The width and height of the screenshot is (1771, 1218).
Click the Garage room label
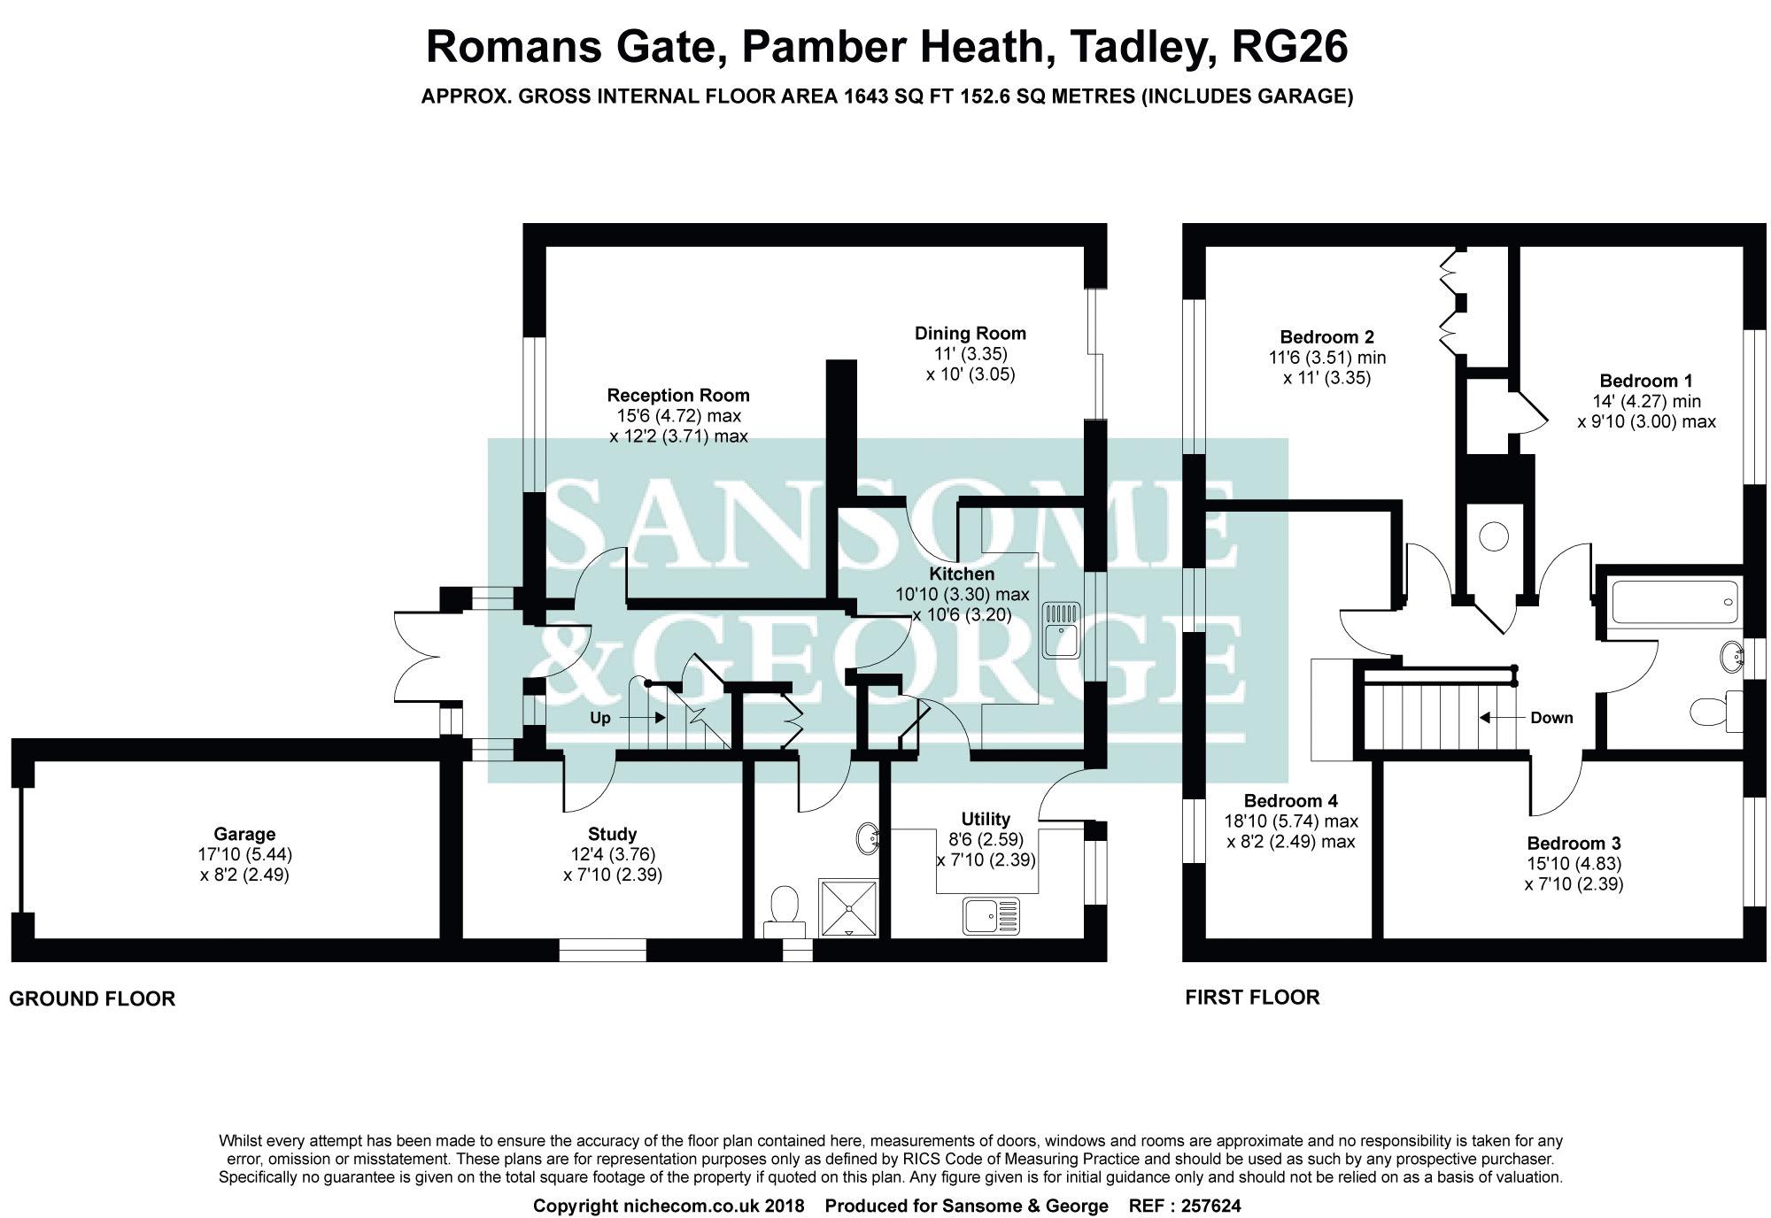[244, 834]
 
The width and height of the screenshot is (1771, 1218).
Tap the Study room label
[613, 834]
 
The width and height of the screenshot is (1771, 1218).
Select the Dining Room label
[971, 334]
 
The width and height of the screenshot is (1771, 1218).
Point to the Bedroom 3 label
[1574, 843]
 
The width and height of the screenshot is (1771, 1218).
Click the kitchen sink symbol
[1062, 629]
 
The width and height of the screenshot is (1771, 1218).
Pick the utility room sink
[992, 916]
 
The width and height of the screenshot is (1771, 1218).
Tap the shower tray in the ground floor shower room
[849, 906]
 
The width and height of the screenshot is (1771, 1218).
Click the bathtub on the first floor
[1674, 601]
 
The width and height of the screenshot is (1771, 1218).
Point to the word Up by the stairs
[600, 718]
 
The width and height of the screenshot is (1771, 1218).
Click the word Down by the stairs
[1551, 718]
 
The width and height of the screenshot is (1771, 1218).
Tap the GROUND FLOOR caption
[92, 999]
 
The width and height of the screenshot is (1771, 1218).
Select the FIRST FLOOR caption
[1252, 998]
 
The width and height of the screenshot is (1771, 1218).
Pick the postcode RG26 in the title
[1290, 48]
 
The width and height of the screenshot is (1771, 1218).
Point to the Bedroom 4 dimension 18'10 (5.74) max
[1289, 821]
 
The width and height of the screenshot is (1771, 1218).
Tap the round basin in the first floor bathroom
[1729, 657]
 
